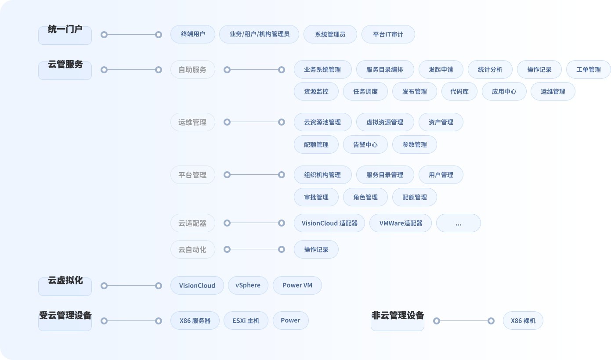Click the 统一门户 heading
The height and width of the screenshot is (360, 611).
pos(65,29)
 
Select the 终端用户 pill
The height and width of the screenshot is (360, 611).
pos(193,34)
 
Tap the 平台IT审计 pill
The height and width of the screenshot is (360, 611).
pos(388,34)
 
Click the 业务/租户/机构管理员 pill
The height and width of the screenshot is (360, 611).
pos(259,34)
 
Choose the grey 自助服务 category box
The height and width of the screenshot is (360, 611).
pos(193,69)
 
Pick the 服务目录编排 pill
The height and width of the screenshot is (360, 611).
pos(385,69)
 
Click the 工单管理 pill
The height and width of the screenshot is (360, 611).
pos(588,69)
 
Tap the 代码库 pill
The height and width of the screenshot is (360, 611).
pos(459,91)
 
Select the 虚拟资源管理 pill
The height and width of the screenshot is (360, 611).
pos(385,122)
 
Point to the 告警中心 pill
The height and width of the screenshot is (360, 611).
pos(365,144)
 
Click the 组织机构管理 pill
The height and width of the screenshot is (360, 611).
pos(323,175)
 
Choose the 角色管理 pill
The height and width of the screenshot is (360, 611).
pos(365,197)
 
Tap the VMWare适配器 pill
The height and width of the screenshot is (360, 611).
pos(401,223)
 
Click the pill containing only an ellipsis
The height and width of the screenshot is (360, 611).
pos(459,223)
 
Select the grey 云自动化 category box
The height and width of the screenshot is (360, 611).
pos(193,249)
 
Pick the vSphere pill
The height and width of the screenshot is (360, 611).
pos(248,285)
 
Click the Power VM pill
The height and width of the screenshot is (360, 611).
pos(297,285)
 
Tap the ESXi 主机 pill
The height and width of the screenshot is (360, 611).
pos(246,320)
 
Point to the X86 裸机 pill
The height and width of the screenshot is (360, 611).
pos(523,320)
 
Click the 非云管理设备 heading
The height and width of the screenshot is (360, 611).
pos(398,315)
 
